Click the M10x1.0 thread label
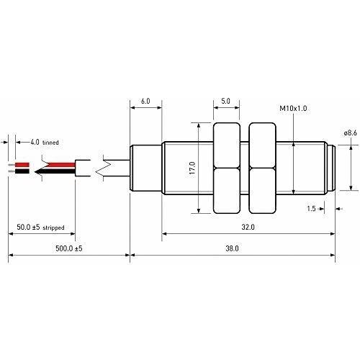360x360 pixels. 294,108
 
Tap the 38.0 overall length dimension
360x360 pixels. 231,248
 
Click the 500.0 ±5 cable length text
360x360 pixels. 69,248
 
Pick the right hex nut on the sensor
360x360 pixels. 261,167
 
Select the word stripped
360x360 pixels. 53,228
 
